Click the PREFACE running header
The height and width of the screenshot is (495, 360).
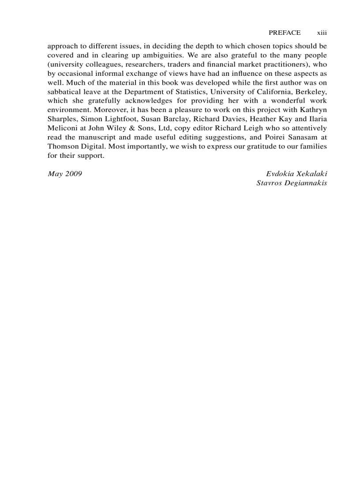point(285,33)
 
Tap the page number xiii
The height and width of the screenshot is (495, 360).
point(322,33)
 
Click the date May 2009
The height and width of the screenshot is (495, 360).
point(65,174)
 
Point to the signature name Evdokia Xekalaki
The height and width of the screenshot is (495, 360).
point(296,174)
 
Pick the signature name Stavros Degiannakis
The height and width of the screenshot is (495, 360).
point(292,183)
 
